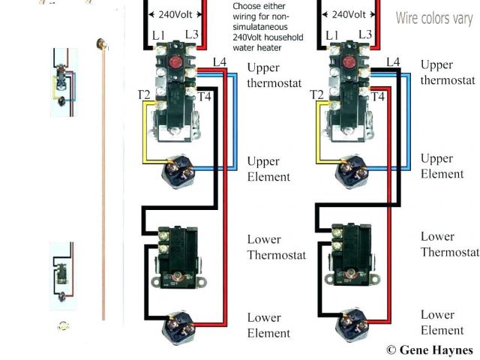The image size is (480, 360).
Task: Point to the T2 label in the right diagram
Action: click(316, 94)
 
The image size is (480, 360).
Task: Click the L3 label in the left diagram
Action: click(193, 35)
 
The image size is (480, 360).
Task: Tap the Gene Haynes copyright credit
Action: click(429, 350)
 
